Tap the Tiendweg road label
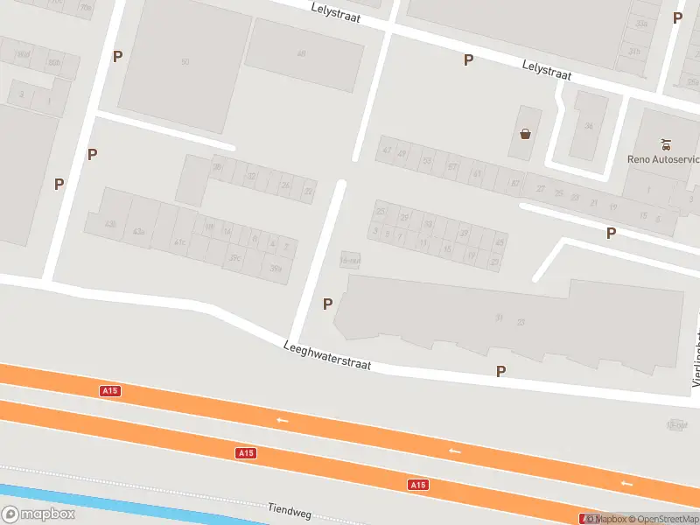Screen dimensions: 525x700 (290, 509)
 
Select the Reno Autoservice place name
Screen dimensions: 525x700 (664, 159)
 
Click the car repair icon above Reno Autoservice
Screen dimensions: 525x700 (667, 143)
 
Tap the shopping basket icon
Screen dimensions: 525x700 (525, 134)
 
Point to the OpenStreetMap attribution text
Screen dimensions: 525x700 (663, 519)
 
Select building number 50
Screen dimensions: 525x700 (185, 61)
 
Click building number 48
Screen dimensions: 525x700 (302, 53)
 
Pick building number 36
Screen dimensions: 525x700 (588, 126)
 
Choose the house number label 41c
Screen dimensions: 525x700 (180, 241)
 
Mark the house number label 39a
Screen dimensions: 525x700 (276, 268)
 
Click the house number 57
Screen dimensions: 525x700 (452, 166)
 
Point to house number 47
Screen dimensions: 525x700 (387, 150)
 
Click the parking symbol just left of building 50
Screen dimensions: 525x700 (117, 56)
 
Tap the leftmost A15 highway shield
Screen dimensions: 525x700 (109, 391)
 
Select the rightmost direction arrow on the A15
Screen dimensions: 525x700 (626, 482)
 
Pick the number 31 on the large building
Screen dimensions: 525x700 (499, 317)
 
